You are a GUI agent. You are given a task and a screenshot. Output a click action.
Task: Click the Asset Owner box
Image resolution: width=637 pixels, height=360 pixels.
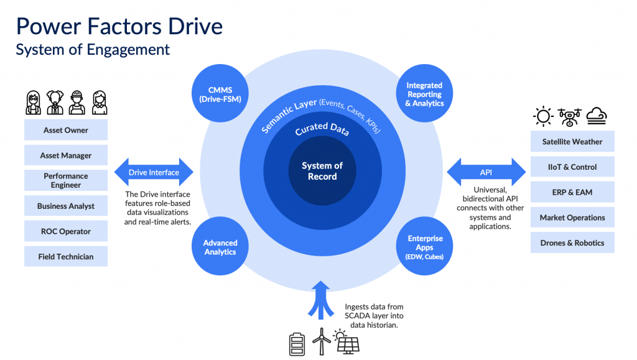[66, 130]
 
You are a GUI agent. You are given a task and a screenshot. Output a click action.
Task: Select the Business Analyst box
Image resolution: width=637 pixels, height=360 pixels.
[66, 206]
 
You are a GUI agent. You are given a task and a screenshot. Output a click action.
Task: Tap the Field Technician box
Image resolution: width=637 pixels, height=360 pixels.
[66, 256]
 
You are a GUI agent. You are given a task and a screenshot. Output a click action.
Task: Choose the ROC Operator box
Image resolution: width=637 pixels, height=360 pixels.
[66, 231]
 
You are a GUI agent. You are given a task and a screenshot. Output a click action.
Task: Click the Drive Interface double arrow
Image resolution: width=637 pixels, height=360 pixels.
[154, 172]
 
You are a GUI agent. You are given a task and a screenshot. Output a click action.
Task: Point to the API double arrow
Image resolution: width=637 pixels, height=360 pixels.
[486, 172]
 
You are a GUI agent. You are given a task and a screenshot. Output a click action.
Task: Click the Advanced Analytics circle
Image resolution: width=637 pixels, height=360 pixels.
[220, 247]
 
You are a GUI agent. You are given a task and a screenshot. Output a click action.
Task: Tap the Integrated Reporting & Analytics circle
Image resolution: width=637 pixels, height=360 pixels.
[424, 94]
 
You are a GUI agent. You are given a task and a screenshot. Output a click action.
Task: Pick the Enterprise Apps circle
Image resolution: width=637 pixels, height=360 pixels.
[425, 247]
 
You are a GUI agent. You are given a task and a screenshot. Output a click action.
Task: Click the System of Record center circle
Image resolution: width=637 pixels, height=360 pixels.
[322, 171]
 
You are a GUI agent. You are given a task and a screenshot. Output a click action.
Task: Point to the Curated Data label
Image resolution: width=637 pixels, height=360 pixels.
[322, 129]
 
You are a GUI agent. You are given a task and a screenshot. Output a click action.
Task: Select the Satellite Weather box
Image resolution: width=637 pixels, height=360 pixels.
[572, 141]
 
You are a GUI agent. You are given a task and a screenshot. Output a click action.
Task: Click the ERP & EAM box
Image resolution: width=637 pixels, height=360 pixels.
[572, 192]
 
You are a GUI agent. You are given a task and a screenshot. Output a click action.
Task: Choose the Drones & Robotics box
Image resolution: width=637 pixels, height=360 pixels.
[572, 242]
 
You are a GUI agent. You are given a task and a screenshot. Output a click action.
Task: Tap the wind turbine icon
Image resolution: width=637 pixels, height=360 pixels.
[322, 342]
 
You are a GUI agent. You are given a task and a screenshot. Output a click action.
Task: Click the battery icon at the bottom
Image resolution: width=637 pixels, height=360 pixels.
[296, 344]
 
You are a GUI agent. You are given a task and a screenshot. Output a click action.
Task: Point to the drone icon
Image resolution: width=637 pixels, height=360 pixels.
[570, 116]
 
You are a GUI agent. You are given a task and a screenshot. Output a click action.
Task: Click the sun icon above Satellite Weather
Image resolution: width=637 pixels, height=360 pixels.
[544, 116]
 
